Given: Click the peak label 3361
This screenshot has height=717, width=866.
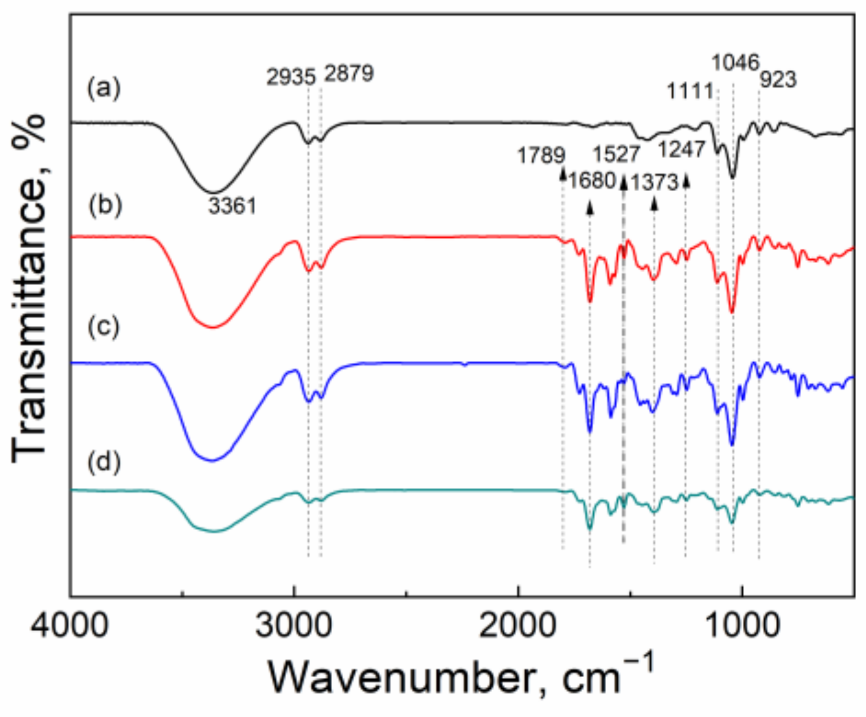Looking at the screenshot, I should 232,206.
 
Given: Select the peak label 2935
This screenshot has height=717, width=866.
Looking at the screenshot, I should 291,77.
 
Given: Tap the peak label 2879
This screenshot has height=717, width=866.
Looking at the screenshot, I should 349,74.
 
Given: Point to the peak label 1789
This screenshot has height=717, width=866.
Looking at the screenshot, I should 541,156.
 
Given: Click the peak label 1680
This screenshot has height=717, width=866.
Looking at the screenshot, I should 591,181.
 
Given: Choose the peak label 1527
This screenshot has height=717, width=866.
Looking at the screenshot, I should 616,154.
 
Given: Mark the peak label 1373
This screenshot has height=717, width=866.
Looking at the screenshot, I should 655,182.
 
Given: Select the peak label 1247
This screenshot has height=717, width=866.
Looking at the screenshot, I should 682,149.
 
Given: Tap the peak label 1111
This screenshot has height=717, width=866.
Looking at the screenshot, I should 690,91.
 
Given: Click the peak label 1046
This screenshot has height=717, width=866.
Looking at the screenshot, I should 735,62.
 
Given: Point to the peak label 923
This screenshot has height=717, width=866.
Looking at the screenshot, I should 778,79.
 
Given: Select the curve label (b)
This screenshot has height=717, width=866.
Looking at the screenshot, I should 105,204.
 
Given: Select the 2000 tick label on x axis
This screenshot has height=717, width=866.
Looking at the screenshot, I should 518,626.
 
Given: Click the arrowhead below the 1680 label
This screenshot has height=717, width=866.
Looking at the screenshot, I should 590,208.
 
